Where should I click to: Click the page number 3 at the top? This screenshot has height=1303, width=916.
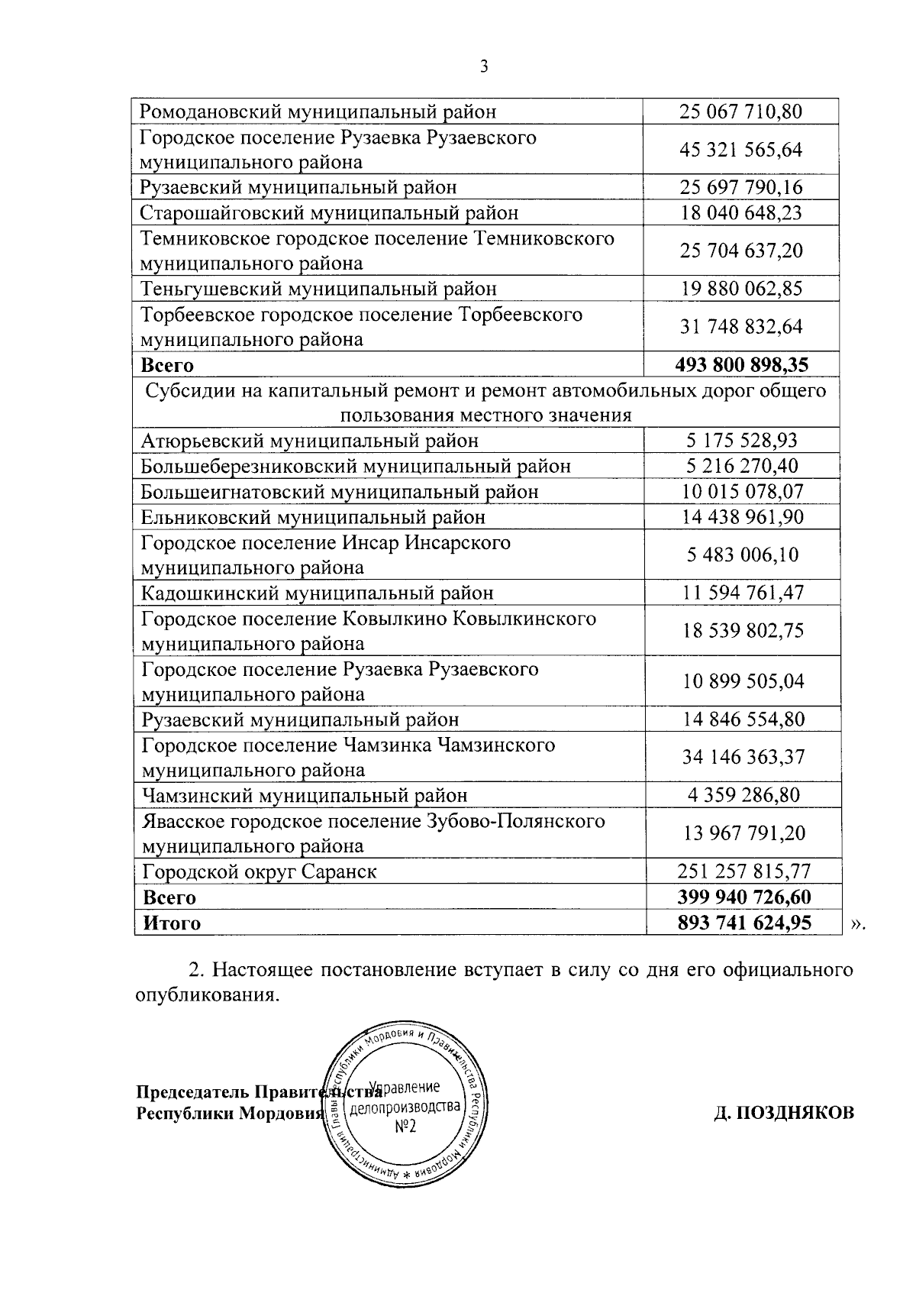(x=483, y=66)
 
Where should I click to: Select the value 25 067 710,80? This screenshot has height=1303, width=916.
(x=740, y=112)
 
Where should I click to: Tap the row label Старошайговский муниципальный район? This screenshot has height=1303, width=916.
(x=329, y=212)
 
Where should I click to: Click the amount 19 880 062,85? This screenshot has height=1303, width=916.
(x=740, y=289)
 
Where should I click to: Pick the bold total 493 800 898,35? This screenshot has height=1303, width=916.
(x=741, y=364)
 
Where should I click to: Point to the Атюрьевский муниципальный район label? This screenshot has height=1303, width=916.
(x=310, y=441)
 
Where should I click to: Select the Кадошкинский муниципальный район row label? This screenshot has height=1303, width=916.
(x=318, y=593)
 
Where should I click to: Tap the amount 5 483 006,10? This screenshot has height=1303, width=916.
(x=743, y=555)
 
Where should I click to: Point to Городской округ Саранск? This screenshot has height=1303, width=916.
(x=260, y=871)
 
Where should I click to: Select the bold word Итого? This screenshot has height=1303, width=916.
(x=172, y=923)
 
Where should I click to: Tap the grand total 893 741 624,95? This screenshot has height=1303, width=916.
(x=743, y=923)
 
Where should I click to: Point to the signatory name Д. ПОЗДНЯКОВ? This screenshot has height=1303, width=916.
(x=783, y=1113)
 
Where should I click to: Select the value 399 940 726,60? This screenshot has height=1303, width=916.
(x=743, y=897)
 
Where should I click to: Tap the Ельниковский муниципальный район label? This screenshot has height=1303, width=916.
(x=313, y=517)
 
